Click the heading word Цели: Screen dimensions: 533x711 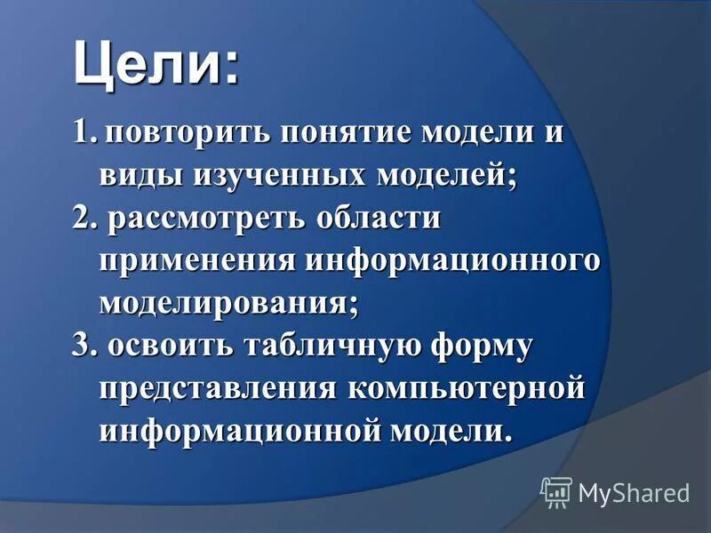tap(156, 64)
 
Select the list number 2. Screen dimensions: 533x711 tap(84, 218)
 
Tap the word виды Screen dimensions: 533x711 tap(137, 176)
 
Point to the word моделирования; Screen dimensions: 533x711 tap(229, 303)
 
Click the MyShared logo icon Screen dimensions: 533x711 tap(557, 490)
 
